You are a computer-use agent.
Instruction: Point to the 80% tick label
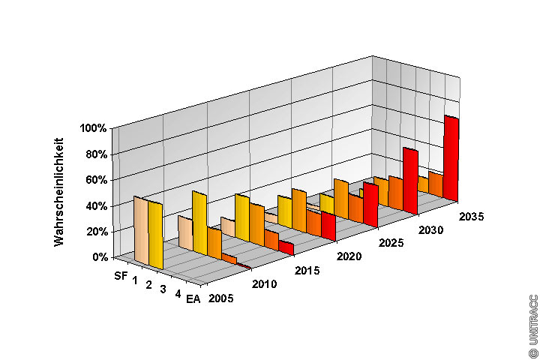(x=96, y=154)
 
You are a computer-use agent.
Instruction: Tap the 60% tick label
(x=96, y=180)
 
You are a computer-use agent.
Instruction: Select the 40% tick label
(x=96, y=205)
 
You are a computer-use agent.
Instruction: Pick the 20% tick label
(x=96, y=231)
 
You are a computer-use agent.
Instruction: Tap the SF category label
(x=121, y=275)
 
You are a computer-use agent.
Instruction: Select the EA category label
(x=193, y=301)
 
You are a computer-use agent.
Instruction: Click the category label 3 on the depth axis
(x=163, y=290)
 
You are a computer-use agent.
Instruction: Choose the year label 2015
(x=306, y=270)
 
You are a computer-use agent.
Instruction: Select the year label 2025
(x=391, y=243)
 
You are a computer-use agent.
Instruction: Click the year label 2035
(x=470, y=217)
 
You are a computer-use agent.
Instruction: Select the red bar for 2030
(x=409, y=180)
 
